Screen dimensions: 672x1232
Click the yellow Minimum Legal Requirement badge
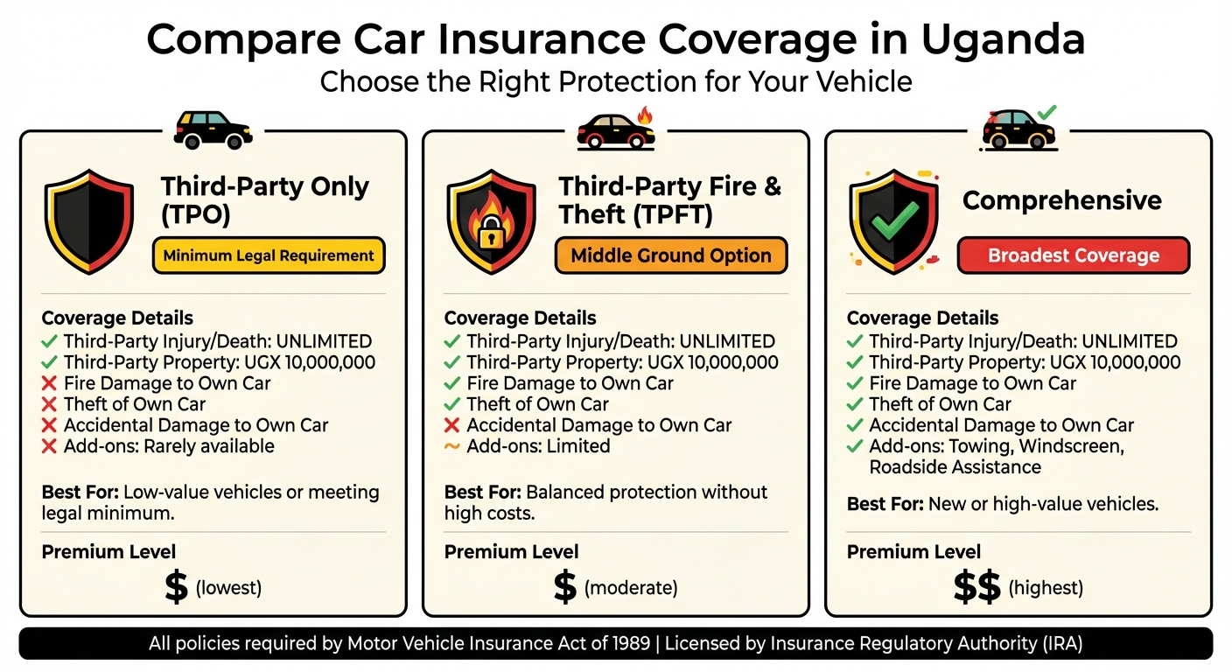coord(269,255)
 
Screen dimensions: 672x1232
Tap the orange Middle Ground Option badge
coord(671,255)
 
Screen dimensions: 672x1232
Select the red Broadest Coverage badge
coord(1074,255)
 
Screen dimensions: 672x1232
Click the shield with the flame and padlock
coord(491,222)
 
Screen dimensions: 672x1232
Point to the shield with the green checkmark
coord(893,222)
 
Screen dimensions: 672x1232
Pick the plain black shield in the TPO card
coord(88,222)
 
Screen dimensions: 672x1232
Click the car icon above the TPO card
coord(213,129)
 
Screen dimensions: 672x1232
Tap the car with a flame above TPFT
coord(616,129)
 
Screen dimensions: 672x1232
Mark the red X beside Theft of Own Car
coord(50,404)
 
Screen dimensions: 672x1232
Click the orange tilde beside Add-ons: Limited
coord(452,446)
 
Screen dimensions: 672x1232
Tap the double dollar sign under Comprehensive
coord(976,588)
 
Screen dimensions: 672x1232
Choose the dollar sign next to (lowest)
coord(176,588)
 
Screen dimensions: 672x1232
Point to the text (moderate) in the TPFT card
coord(631,588)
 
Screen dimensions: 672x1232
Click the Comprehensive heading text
coord(1062,200)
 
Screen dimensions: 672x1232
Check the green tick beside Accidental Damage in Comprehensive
coord(855,425)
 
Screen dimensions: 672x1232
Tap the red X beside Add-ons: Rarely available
coord(50,446)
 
